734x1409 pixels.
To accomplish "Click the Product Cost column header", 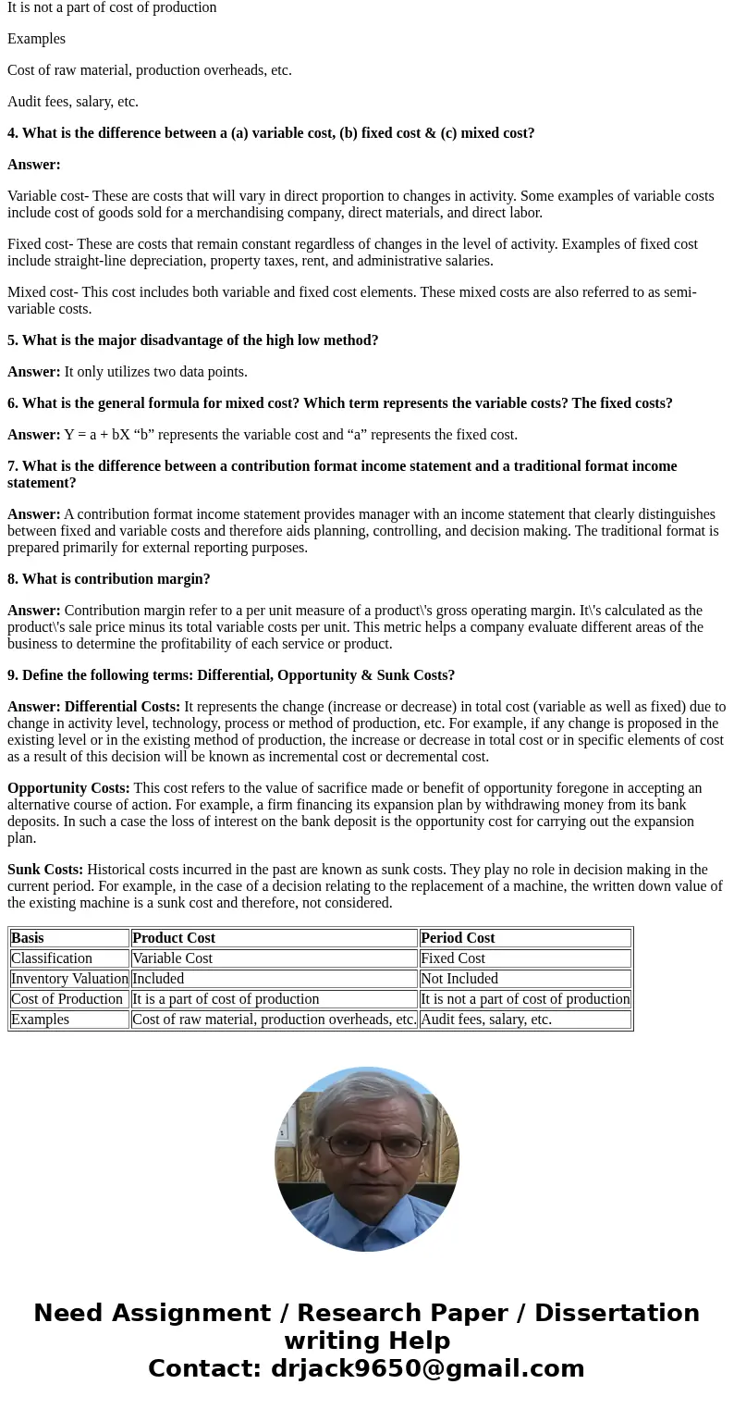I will click(x=174, y=938).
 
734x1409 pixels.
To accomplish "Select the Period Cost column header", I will click(x=458, y=938).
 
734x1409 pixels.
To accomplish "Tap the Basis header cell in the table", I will click(x=28, y=938).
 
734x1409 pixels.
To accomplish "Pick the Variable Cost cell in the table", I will click(x=172, y=958).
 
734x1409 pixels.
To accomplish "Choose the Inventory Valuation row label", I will click(x=69, y=979).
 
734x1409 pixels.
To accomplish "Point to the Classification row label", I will click(x=52, y=958).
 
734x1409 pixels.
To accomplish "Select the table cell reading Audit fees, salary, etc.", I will click(x=485, y=1020).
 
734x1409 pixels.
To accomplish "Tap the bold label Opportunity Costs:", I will click(x=68, y=788).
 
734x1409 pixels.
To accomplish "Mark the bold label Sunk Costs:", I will click(x=45, y=870).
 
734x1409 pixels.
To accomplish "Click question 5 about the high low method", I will click(x=192, y=340).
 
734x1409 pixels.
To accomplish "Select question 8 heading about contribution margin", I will click(x=109, y=579).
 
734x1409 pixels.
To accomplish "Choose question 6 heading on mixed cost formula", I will click(x=339, y=403).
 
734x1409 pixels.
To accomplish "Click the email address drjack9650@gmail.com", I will click(x=427, y=1368).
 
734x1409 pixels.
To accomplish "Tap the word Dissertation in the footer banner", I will click(x=617, y=1313).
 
